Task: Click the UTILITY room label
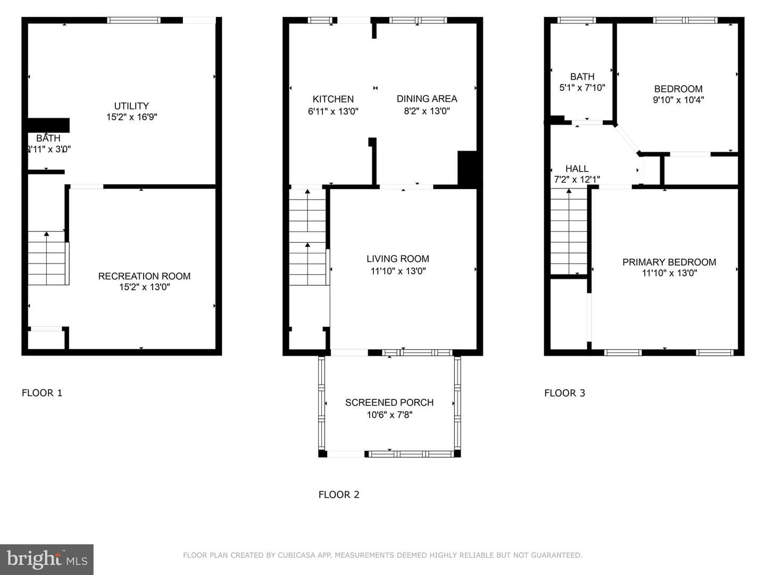[131, 106]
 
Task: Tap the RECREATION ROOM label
[144, 276]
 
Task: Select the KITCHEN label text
[333, 99]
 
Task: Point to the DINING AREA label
[427, 99]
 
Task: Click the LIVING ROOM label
[398, 259]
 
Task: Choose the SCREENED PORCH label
[389, 402]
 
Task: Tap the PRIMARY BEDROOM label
[669, 262]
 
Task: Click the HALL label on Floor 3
[577, 169]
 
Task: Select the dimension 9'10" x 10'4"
[678, 100]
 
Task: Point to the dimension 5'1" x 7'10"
[582, 88]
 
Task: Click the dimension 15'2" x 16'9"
[131, 117]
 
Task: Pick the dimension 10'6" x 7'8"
[389, 415]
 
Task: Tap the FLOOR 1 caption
[42, 393]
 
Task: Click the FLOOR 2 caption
[339, 495]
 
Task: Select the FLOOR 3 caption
[564, 393]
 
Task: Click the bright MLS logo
[47, 560]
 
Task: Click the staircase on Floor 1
[48, 258]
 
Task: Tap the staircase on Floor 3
[569, 232]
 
